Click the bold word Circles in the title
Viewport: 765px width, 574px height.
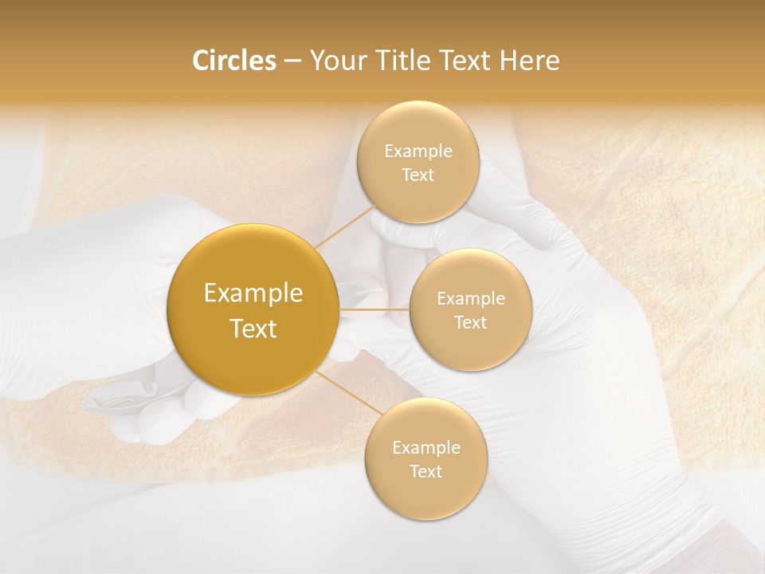coord(233,61)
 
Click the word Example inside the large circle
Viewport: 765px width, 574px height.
coord(253,293)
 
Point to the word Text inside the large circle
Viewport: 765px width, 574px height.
coord(253,328)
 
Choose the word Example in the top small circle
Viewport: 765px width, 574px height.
coord(418,151)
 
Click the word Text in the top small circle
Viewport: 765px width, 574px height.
coord(418,175)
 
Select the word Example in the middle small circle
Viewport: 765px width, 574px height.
coord(470,299)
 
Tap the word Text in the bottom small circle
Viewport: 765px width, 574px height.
coord(426,471)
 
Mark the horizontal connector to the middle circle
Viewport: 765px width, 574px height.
coord(375,309)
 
